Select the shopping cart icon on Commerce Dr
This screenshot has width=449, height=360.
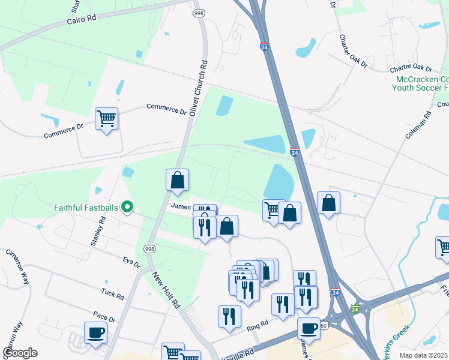[x=107, y=119]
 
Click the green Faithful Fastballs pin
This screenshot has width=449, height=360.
[x=127, y=208]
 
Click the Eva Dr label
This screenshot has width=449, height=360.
[x=131, y=262]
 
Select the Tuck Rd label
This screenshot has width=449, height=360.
[x=113, y=295]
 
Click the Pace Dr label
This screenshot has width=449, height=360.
[x=104, y=316]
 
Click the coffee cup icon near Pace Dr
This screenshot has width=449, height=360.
[x=96, y=332]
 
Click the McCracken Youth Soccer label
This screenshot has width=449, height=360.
[x=421, y=83]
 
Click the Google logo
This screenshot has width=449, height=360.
[x=20, y=352]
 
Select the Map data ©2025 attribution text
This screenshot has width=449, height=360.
[x=424, y=355]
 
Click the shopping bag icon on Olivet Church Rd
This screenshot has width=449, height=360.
[x=177, y=180]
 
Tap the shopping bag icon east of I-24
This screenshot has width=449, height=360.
[x=328, y=203]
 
